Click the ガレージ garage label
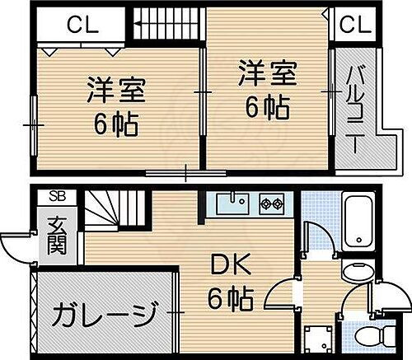pos(106,313)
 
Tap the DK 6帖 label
pos(224,282)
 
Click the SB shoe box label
pos(57,196)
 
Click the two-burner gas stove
pos(272,201)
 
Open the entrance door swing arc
pos(15,245)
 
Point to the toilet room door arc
pos(363,301)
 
